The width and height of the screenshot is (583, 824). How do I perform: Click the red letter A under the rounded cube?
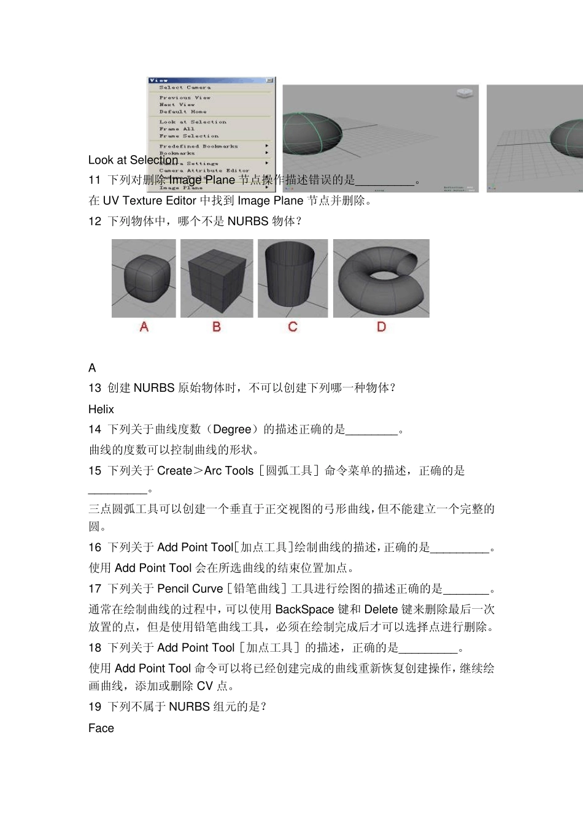[144, 327]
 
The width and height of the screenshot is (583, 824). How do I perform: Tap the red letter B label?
[217, 327]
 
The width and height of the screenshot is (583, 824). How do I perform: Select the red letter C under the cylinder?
[293, 327]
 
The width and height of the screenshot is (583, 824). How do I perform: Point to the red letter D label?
[381, 327]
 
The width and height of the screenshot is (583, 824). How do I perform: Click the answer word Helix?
[101, 410]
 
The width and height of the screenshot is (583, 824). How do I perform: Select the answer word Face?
[101, 728]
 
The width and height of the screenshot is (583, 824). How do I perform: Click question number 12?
[95, 221]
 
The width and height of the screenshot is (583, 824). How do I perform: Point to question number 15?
[95, 471]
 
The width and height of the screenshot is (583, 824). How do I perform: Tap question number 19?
[95, 707]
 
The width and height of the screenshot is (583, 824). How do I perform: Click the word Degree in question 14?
[232, 430]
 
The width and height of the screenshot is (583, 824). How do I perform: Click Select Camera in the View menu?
[185, 88]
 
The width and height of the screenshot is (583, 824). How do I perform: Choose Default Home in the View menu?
[183, 112]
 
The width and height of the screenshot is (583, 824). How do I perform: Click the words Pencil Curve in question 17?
[190, 589]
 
